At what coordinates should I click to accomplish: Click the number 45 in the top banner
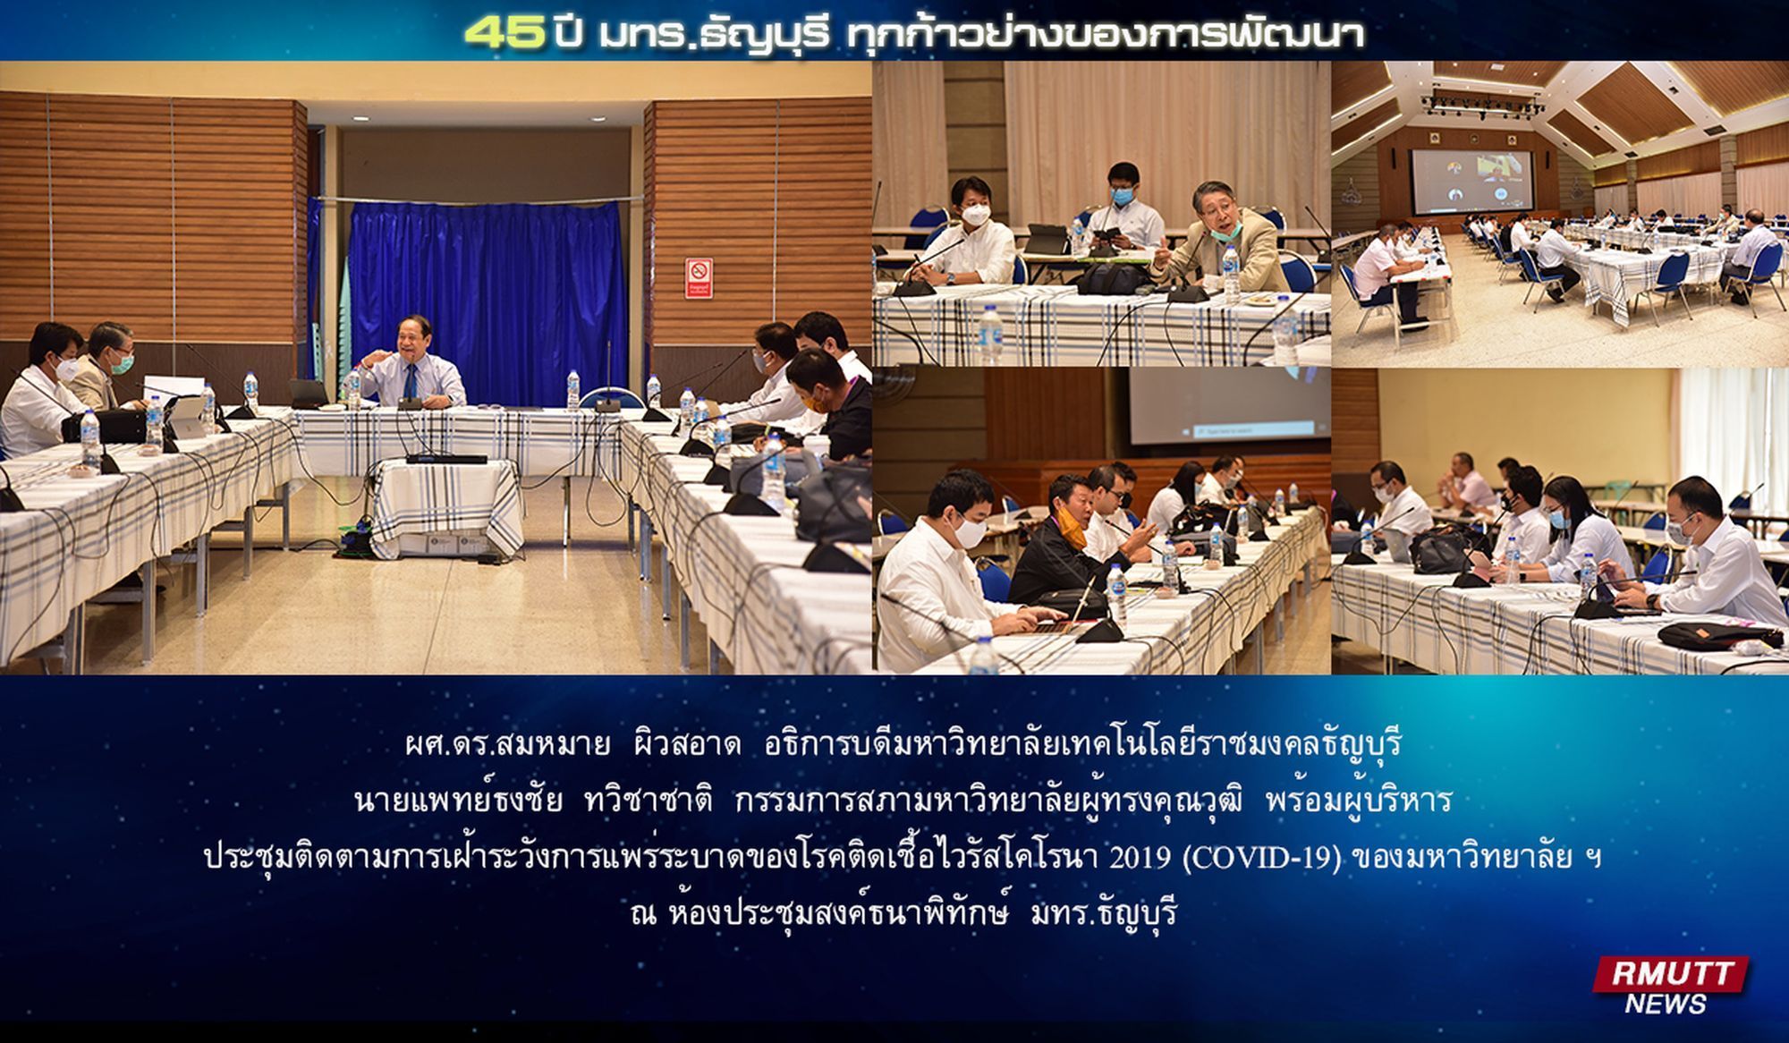click(504, 33)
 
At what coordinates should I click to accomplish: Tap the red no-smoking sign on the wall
click(699, 278)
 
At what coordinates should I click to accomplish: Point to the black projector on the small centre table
click(446, 458)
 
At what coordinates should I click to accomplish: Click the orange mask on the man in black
click(1074, 536)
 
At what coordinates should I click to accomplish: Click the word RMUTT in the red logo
click(1672, 973)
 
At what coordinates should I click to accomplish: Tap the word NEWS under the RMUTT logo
click(1666, 1004)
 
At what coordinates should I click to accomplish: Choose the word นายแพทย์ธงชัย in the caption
click(458, 800)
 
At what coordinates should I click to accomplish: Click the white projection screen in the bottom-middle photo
click(1227, 403)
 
